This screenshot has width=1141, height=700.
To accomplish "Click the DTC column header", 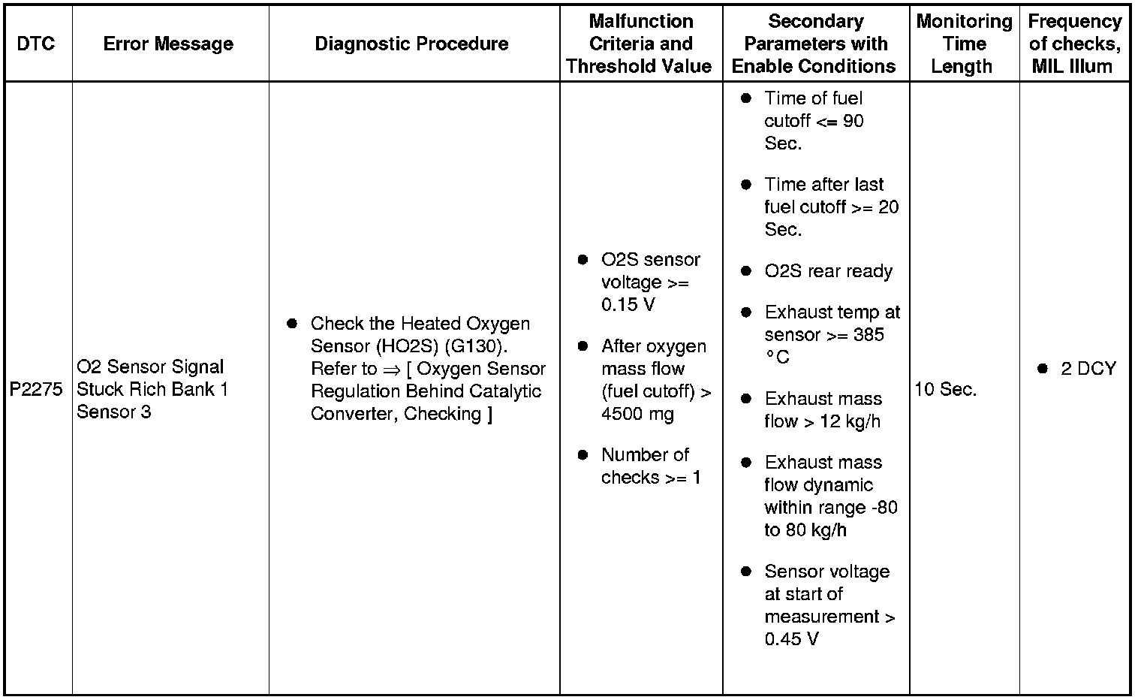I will (x=36, y=44).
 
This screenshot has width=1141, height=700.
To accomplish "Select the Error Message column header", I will (x=168, y=44).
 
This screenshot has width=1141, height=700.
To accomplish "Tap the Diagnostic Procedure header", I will (x=411, y=44).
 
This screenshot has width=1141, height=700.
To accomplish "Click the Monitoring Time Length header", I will (x=964, y=44).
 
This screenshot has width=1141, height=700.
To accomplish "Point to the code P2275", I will (x=36, y=390).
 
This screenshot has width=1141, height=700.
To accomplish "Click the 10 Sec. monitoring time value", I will (x=946, y=390).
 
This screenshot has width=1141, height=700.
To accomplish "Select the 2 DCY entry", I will (x=1088, y=369).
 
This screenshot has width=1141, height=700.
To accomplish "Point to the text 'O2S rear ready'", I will (x=828, y=271).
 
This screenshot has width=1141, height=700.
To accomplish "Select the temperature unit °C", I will (x=778, y=358).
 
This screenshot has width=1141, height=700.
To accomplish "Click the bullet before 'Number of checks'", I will (x=583, y=455).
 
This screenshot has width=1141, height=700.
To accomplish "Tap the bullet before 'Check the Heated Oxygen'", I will (x=292, y=324).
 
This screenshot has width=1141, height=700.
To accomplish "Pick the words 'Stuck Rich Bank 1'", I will (x=152, y=390).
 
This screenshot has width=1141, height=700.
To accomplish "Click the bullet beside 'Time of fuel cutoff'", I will (x=745, y=98).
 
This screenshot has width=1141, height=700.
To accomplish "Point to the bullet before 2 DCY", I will (x=1042, y=369).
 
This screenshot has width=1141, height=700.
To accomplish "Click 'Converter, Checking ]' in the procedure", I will (x=402, y=414).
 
